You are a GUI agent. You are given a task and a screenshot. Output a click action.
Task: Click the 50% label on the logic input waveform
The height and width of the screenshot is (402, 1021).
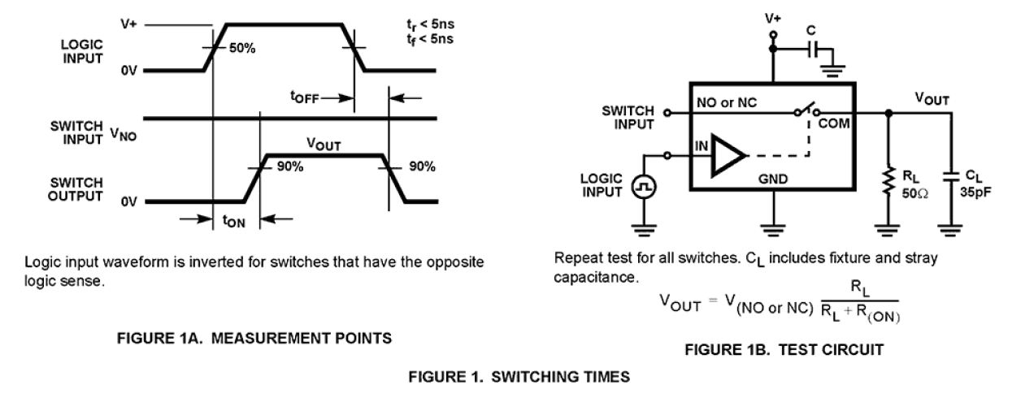(x=242, y=49)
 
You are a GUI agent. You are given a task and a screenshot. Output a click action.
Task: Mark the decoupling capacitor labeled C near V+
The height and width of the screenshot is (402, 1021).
(x=816, y=50)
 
